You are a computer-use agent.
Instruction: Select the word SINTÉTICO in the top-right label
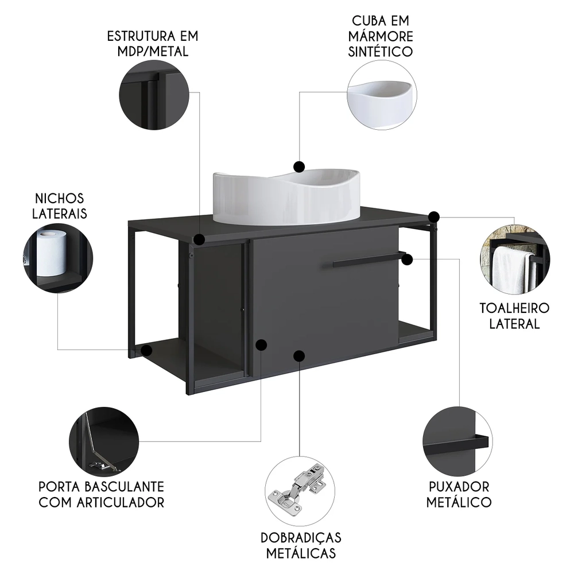(x=382, y=52)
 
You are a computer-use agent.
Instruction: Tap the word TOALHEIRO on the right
(x=514, y=308)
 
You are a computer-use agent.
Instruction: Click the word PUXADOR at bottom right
(x=459, y=487)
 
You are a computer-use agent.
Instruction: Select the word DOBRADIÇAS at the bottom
(x=301, y=538)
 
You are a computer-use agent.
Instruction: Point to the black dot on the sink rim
(x=298, y=166)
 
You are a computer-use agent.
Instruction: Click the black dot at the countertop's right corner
(x=435, y=216)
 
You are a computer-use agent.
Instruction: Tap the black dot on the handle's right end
(x=408, y=259)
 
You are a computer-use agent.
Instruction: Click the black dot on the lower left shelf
(x=147, y=350)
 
